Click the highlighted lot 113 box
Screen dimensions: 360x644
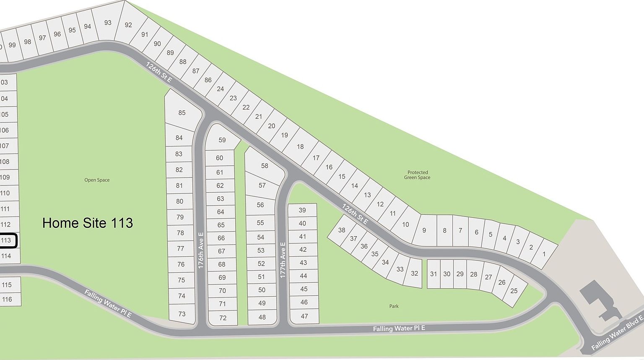point(7,240)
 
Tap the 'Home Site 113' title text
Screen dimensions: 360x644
point(88,223)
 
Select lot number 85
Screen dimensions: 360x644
point(182,112)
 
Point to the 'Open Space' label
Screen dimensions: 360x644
point(97,180)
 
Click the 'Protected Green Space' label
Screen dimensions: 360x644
point(417,175)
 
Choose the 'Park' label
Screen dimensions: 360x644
point(394,306)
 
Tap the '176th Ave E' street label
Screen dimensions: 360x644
point(201,250)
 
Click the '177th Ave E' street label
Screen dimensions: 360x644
point(283,260)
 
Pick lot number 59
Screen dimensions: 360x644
point(222,140)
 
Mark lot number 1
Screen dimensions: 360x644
point(544,254)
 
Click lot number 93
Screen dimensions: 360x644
point(108,23)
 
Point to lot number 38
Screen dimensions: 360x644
point(342,230)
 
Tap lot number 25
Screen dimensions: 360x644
point(514,291)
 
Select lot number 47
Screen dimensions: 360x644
point(304,316)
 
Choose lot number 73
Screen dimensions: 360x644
point(182,314)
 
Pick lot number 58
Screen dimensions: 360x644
point(264,166)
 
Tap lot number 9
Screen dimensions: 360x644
point(424,230)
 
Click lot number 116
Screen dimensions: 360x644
point(7,299)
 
